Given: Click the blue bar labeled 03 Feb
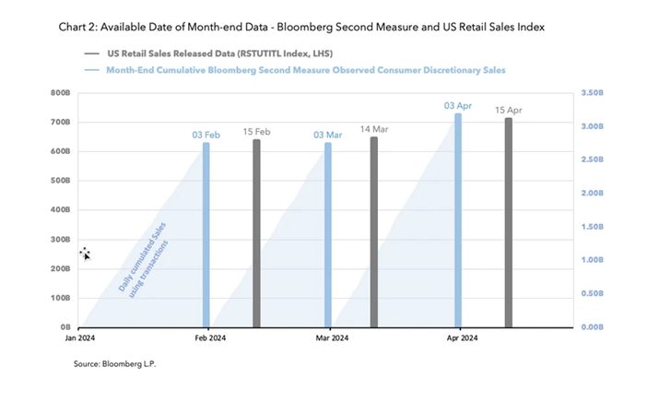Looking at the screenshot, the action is coord(206,234).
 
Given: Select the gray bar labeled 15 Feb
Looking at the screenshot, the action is coord(256,233).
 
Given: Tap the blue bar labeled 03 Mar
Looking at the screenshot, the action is coord(328,234).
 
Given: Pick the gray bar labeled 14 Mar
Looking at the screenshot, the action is coord(374,232).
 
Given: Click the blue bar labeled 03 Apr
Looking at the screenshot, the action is coord(458,220).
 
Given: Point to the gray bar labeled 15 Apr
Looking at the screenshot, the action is coord(509,222).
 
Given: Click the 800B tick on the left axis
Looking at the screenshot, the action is coord(60,93).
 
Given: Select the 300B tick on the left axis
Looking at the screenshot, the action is coord(60,240).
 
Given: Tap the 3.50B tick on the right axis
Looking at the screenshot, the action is coord(592,93).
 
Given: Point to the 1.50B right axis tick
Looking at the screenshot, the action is coord(592,227).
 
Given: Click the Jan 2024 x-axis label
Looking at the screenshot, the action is coord(80,337).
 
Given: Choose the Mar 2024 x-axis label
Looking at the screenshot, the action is coord(332,337).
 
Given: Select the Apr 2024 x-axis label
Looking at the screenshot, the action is coord(462,337).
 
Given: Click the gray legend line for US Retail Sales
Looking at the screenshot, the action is coord(91,53).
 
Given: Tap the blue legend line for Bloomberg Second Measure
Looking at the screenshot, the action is coord(91,70).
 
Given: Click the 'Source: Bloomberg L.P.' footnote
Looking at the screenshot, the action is coord(114,364).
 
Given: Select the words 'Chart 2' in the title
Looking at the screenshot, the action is coord(77,28).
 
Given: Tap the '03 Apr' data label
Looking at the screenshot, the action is coord(458,106).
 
